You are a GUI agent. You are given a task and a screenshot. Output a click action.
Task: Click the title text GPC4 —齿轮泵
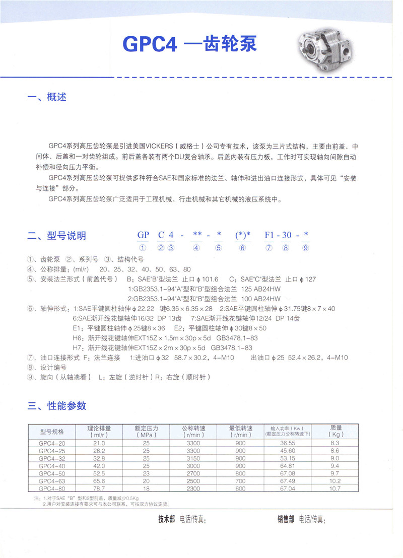190,44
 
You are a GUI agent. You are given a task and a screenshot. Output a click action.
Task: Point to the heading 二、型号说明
56,235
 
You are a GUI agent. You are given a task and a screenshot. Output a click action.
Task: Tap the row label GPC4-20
51,443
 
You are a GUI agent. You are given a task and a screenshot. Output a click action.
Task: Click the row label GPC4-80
51,488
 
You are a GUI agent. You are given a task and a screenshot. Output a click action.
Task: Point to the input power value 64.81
288,465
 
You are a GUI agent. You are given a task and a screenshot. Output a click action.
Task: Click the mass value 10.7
335,488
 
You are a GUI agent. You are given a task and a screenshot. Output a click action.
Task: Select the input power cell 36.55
288,443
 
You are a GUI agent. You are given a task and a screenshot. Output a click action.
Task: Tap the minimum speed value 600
240,488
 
